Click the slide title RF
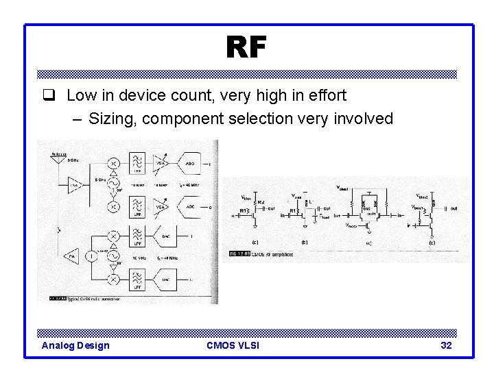click(245, 49)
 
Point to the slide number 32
click(446, 345)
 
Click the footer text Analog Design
click(75, 345)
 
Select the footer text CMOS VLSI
click(233, 345)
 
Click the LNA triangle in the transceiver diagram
click(74, 184)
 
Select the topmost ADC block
click(191, 163)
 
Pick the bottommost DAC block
click(191, 280)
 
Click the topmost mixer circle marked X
click(114, 164)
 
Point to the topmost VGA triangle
click(162, 163)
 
